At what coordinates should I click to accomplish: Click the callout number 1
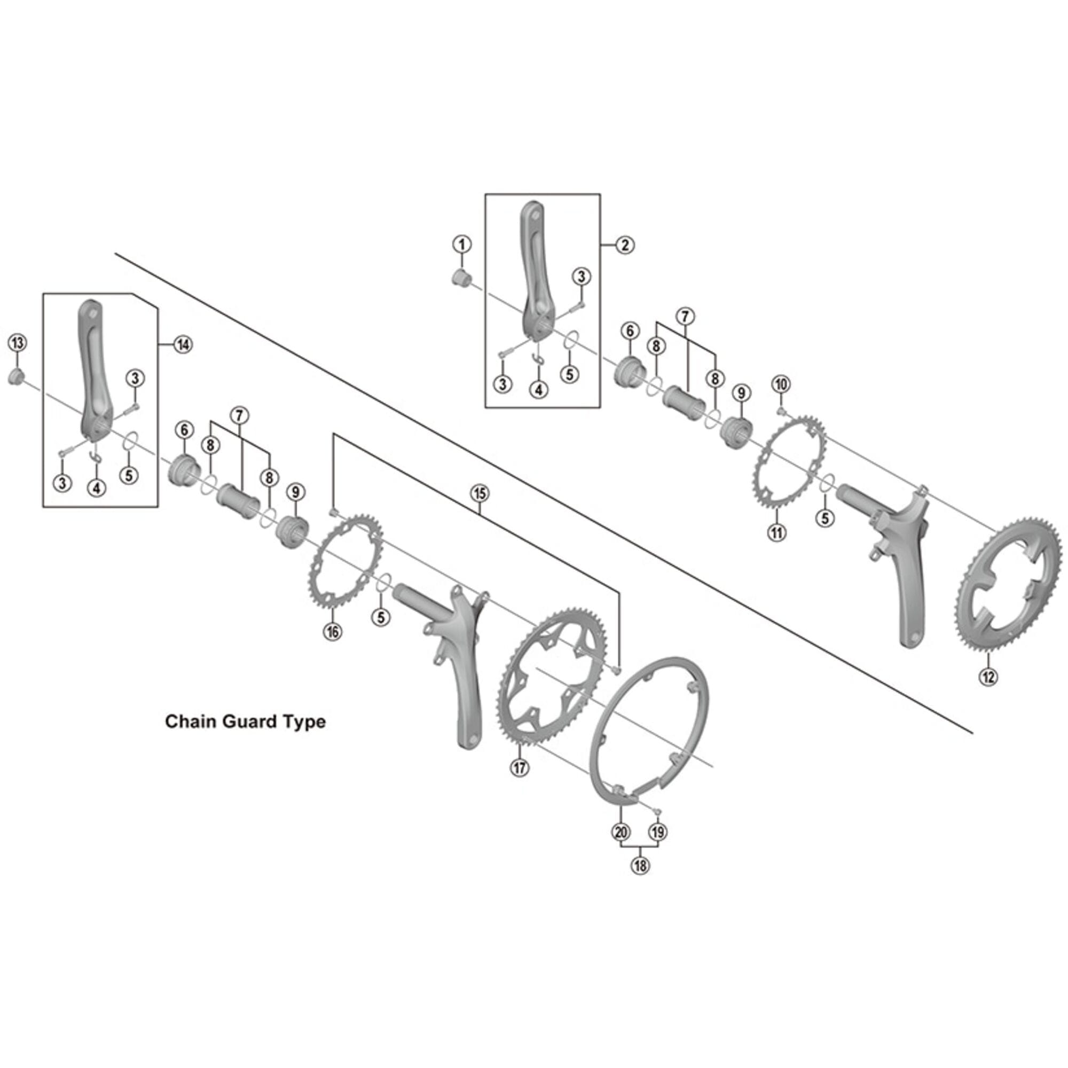click(462, 244)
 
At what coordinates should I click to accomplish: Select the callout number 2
click(625, 245)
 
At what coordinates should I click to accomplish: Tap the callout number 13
click(17, 343)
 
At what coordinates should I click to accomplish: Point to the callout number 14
click(183, 344)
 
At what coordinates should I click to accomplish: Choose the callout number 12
click(988, 676)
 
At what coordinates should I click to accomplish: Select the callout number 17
click(520, 767)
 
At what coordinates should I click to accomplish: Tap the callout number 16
click(332, 631)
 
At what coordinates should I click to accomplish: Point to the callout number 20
click(621, 847)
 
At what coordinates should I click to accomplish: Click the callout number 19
click(658, 847)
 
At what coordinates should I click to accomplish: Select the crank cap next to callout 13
click(15, 378)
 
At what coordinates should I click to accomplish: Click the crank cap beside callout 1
click(460, 278)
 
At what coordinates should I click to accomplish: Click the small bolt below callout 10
click(782, 411)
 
